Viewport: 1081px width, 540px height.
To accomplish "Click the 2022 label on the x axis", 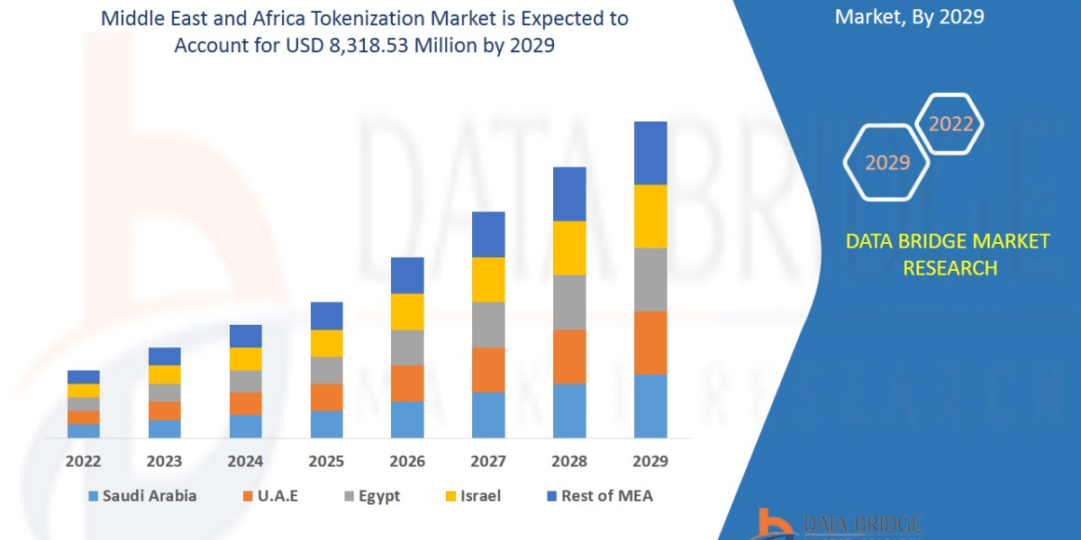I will pos(83,462).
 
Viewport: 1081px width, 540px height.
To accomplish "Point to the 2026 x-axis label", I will pos(407,462).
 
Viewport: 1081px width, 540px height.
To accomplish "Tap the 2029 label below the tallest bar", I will pos(650,462).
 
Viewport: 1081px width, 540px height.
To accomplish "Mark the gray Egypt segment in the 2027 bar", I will pos(488,324).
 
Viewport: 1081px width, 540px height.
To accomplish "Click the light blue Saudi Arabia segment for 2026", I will pos(407,419).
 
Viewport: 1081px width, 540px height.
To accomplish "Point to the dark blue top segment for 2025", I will pos(326,316).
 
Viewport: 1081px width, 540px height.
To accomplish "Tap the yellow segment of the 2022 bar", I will pos(83,391).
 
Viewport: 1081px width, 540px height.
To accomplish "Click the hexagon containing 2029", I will pos(887,163).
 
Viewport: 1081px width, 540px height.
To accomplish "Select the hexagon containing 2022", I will pos(950,124).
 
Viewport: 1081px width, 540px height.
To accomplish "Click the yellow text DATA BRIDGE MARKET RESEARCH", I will pos(948,255).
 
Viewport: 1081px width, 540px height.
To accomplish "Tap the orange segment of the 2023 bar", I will pos(164,410).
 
